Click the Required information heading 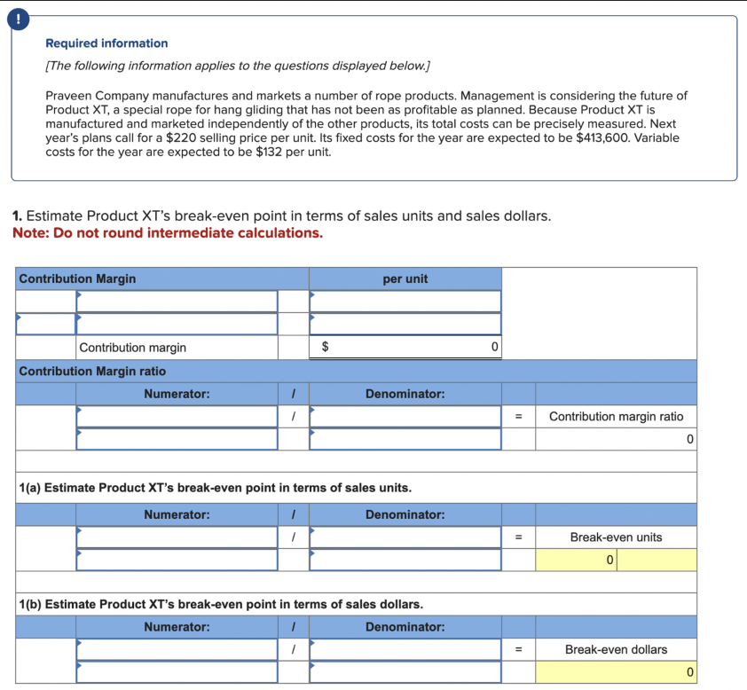pos(106,43)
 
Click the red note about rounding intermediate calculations pos(168,233)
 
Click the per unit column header pos(405,278)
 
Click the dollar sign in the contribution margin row pos(324,348)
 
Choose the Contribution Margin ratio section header pos(92,371)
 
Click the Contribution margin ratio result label pos(616,416)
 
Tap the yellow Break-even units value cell pos(616,561)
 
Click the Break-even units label pos(616,537)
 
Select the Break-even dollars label pos(616,650)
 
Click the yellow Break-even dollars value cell pos(616,673)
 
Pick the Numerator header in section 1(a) pos(177,514)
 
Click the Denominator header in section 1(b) pos(405,627)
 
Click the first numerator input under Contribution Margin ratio pos(177,416)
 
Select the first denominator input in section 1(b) pos(405,650)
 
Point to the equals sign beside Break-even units pos(518,537)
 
